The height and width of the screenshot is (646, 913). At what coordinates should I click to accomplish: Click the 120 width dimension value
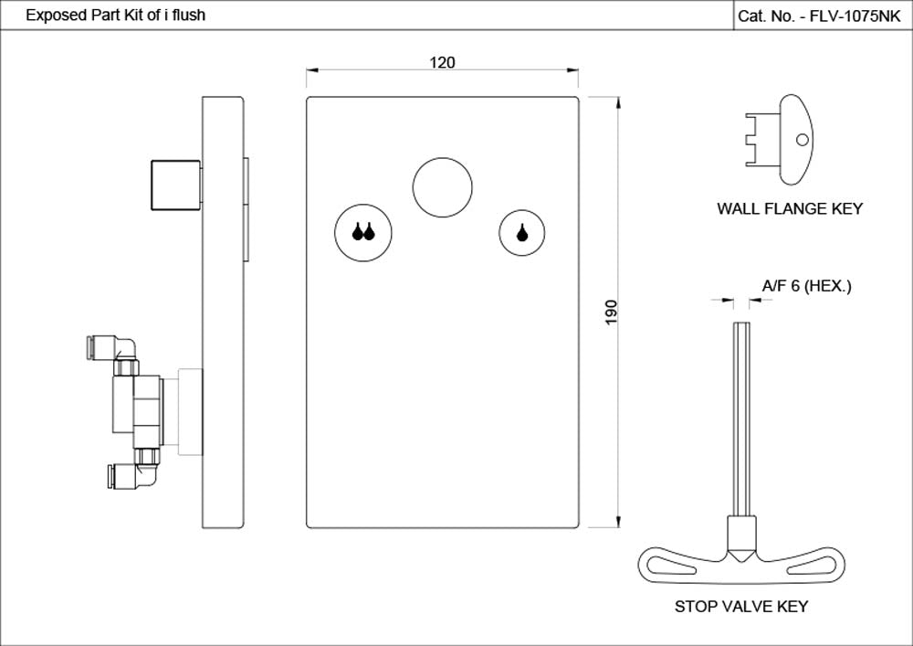pos(442,62)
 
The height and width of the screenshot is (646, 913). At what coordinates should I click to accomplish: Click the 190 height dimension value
pos(612,312)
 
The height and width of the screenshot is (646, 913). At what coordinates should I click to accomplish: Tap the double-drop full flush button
pos(363,232)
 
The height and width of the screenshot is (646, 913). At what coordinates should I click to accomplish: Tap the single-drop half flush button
pos(521,232)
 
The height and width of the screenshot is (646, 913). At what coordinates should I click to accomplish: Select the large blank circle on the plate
pos(442,186)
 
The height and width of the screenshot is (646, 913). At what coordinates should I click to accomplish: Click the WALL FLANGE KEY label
pos(789,209)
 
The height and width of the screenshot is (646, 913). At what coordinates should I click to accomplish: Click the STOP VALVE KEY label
pos(741,607)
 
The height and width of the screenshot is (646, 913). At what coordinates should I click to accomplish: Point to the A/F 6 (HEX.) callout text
pos(806,287)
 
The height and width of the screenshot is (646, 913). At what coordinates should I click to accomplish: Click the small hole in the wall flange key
pos(802,140)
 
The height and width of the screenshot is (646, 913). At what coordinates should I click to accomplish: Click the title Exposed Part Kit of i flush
pos(115,16)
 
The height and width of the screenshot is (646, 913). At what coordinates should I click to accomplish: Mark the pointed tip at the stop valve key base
pos(740,556)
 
